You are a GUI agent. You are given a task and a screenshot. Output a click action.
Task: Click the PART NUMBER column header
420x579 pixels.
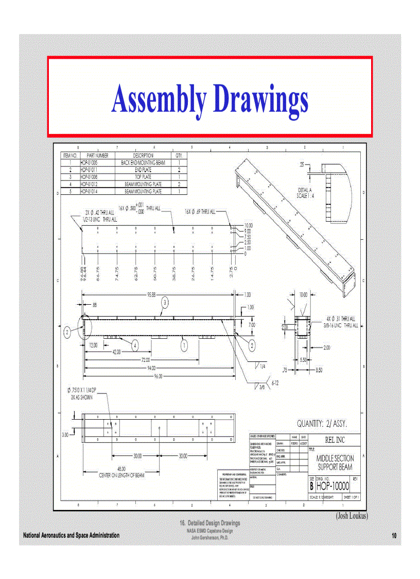coord(97,155)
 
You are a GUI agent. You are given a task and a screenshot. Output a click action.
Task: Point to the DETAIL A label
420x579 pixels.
coord(305,190)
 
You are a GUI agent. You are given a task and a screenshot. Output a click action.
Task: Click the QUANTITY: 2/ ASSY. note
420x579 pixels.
coord(322,423)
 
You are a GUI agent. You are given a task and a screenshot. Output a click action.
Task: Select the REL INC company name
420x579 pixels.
coord(335,440)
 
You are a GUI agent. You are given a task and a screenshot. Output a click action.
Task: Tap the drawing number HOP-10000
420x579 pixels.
coord(332,486)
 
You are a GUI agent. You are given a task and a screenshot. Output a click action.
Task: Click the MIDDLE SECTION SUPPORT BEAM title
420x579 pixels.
coord(335,462)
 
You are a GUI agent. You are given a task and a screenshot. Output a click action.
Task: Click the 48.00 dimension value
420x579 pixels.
coord(121,469)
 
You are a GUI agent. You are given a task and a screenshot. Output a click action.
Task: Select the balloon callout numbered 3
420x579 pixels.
coord(165,302)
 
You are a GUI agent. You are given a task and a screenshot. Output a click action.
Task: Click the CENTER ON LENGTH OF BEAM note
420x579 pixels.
coord(121,475)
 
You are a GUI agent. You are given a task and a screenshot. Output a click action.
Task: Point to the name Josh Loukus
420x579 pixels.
coord(352,515)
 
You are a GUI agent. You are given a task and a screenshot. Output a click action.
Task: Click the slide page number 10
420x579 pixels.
coord(394,536)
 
